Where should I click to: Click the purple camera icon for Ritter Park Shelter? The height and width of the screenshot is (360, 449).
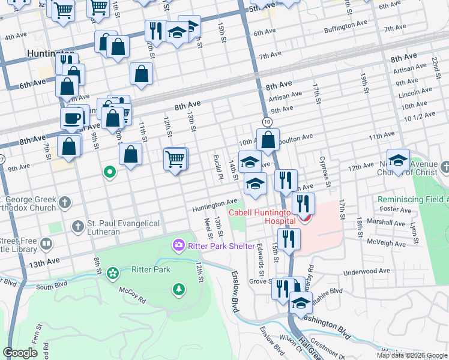(178, 245)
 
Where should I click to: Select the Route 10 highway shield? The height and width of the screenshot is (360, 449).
(267, 122)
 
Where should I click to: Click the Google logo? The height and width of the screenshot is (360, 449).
(21, 353)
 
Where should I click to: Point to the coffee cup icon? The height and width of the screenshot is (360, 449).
(72, 118)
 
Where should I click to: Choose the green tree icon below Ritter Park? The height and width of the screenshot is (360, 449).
(178, 290)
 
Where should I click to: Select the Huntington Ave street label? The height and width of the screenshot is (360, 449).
(214, 208)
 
